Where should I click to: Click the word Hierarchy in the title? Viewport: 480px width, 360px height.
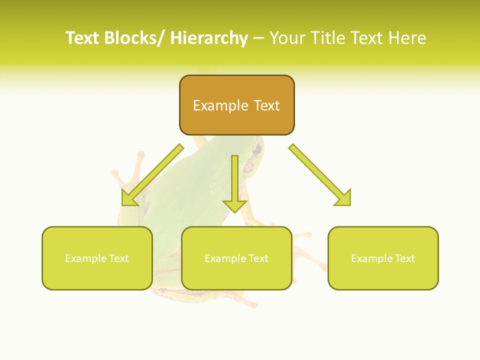209,38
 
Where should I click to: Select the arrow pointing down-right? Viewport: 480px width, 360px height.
320,175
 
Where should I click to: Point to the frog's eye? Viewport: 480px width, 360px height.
257,148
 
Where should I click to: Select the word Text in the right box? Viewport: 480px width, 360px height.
404,258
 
